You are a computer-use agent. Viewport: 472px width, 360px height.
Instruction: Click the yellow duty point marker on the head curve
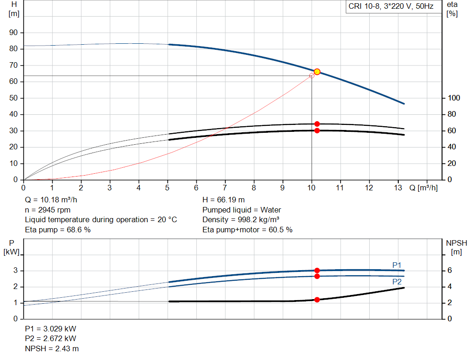[x=317, y=71]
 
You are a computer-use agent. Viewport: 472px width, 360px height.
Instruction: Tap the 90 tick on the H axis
[x=13, y=33]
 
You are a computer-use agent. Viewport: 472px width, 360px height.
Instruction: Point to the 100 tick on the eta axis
[x=454, y=98]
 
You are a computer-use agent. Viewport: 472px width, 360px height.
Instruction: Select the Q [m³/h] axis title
[x=423, y=188]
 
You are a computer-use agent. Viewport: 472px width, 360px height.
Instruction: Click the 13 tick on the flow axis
[x=398, y=188]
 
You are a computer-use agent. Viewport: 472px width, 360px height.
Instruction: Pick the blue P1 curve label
[x=397, y=265]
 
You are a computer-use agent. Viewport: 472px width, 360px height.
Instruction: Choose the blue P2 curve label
[x=397, y=282]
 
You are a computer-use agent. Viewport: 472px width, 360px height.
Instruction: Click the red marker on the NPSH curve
[x=317, y=300]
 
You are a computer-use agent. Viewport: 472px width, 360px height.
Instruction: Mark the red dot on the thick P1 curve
[x=317, y=271]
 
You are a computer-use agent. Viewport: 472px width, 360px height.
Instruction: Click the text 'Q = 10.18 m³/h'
[x=51, y=200]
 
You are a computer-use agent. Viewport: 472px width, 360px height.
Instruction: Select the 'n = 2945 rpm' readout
[x=47, y=210]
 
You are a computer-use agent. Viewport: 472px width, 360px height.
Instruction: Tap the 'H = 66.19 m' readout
[x=224, y=200]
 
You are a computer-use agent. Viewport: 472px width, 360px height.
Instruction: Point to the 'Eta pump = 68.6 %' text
[x=58, y=230]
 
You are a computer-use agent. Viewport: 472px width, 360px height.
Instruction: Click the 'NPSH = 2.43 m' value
[x=52, y=348]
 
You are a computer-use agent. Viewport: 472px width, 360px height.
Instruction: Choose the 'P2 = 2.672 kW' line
[x=51, y=338]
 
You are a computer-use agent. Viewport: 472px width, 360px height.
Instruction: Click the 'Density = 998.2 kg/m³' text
[x=241, y=220]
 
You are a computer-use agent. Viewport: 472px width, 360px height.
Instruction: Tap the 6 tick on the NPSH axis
[x=450, y=270]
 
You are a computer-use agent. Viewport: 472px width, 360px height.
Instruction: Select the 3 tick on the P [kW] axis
[x=16, y=270]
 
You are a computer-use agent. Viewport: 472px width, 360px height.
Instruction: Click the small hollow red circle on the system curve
[x=312, y=76]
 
